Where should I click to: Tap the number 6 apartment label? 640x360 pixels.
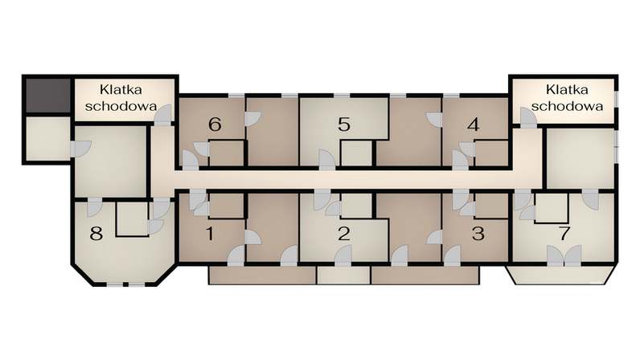tap(215, 125)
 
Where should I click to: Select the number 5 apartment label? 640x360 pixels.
tap(344, 125)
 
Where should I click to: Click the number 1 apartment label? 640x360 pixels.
tap(211, 235)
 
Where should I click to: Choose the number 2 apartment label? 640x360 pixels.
tap(344, 235)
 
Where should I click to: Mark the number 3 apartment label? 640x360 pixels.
tap(478, 235)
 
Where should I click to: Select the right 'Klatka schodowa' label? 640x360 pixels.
tap(568, 98)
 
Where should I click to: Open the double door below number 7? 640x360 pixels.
tap(564, 256)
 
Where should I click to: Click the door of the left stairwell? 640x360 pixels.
tap(163, 115)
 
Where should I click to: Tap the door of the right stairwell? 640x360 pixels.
tap(527, 117)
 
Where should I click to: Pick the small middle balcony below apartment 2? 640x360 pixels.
tap(343, 276)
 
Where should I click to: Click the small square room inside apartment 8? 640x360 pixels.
tap(131, 218)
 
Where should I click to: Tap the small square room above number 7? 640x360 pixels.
tap(551, 208)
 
